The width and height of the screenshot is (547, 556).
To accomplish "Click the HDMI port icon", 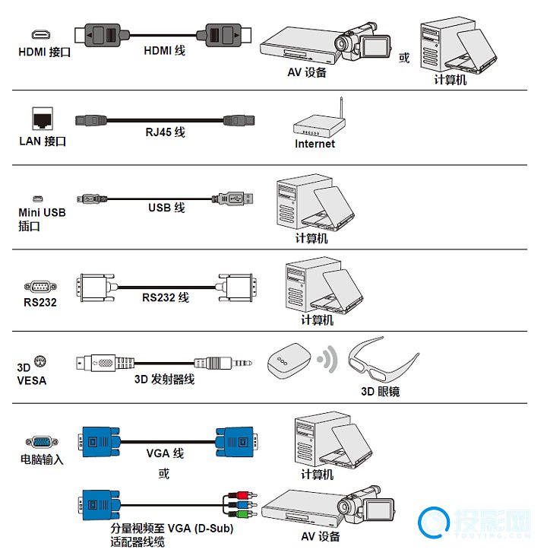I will click(x=40, y=35).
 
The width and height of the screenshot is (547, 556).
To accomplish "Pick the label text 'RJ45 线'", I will click(x=166, y=132).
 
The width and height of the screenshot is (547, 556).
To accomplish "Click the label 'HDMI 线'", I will click(x=164, y=51).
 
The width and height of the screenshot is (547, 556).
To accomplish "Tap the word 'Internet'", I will click(x=315, y=144).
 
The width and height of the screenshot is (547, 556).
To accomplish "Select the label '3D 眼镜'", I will click(x=380, y=392).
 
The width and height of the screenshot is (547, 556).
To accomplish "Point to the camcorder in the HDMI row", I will click(x=365, y=43).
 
